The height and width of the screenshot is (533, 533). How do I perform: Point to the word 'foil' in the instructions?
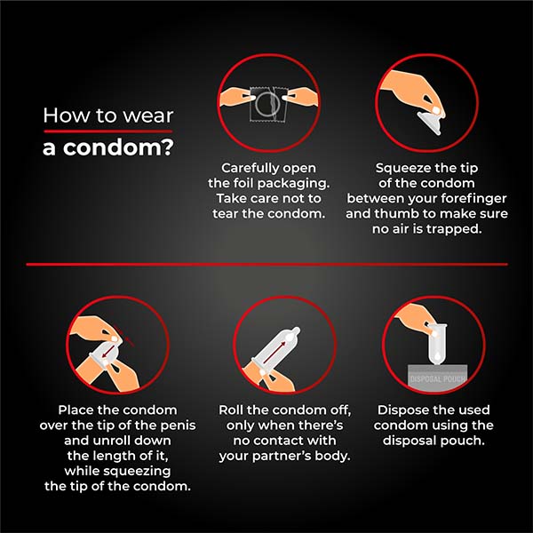click(239, 183)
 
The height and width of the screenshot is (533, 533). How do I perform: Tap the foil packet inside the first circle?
click(267, 107)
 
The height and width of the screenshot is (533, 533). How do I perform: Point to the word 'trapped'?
click(452, 228)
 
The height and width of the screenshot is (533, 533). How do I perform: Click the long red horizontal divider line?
click(266, 264)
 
